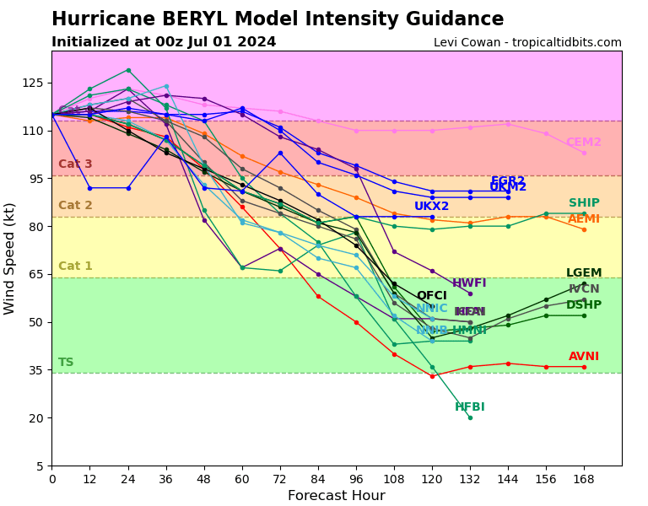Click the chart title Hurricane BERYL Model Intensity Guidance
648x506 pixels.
pos(278,19)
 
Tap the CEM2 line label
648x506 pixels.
pos(584,143)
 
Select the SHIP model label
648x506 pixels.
pos(584,203)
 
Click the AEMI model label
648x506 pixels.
pos(584,219)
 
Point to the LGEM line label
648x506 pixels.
pos(584,273)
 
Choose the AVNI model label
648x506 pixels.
pos(584,357)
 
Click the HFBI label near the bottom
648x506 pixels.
pos(470,407)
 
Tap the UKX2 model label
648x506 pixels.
pos(432,207)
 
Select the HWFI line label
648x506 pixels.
pos(469,283)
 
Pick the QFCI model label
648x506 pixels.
pos(432,296)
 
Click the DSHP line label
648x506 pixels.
pos(584,305)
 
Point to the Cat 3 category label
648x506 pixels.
pos(75,164)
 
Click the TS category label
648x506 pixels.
pos(66,363)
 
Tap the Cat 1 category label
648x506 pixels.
pos(75,266)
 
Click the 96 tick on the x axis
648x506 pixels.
pos(356,479)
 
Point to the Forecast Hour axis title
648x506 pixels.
pos(336,496)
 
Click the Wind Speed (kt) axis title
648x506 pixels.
pos(10,258)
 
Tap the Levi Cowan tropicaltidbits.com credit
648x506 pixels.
pos(527,42)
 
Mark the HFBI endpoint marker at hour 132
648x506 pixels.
pos(470,417)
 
